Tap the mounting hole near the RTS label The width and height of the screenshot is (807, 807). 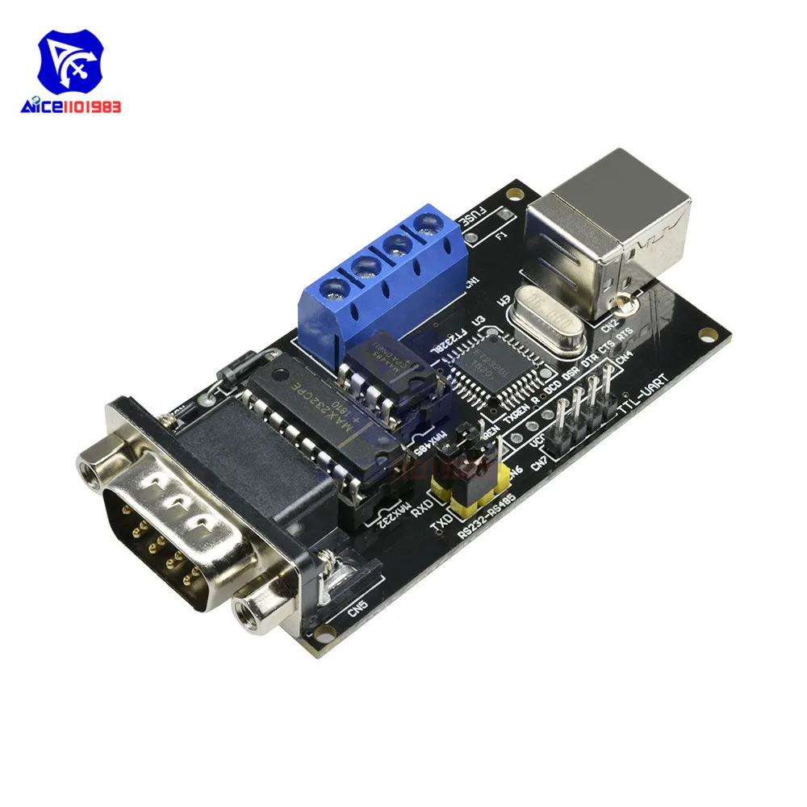709,332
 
